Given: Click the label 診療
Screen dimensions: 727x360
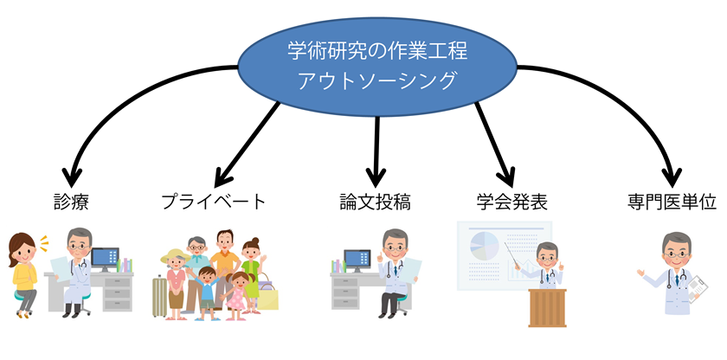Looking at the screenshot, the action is point(71,202).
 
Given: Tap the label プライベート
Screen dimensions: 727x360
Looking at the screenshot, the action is point(215,202).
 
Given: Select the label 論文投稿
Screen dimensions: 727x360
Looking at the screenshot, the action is point(375,202).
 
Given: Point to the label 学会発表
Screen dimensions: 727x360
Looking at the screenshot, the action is point(511,202).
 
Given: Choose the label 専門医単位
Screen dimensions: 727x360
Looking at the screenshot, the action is point(672,202).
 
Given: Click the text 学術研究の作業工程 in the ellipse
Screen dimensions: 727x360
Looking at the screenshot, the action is point(377,50).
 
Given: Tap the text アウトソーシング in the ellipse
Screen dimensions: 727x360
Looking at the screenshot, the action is point(376,81).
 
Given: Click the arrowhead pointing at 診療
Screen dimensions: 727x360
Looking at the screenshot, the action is point(72,177).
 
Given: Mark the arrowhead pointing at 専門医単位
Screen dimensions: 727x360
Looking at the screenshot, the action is point(672,177).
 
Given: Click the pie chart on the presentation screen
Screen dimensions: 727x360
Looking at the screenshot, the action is point(485,246).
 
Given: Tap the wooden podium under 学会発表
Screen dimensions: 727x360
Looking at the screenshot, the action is point(547,308).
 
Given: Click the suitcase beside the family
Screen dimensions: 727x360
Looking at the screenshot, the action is point(159,297).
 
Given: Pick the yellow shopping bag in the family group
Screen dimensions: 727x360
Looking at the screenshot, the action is point(268,297).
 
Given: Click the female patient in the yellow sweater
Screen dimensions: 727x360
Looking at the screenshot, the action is point(24,274).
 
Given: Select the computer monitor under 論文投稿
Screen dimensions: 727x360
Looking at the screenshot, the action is point(357,260).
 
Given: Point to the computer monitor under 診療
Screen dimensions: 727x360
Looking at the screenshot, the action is point(105,259).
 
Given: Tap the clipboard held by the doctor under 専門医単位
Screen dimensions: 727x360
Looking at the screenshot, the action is point(698,289).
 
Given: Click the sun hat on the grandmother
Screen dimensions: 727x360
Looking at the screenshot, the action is point(175,256).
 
